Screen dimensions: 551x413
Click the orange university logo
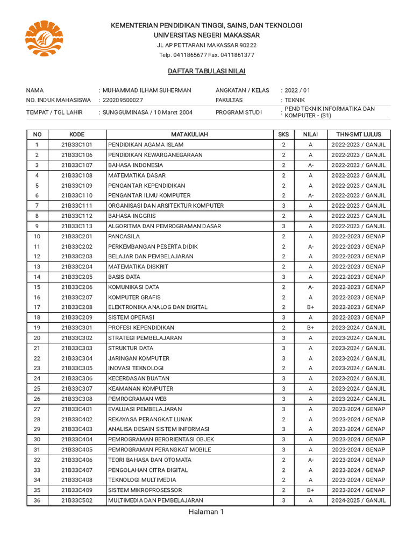(44, 38)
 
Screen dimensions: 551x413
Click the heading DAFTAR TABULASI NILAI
(206, 71)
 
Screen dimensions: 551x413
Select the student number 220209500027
(123, 100)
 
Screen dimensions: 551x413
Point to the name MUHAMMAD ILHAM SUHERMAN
(146, 90)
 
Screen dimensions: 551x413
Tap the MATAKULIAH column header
(189, 135)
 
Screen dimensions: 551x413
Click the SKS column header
(283, 135)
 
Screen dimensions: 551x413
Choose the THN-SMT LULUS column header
(358, 135)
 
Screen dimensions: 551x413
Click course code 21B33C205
(77, 277)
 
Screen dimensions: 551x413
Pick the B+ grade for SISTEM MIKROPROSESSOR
(310, 490)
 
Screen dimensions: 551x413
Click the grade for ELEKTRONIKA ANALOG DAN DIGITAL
(310, 307)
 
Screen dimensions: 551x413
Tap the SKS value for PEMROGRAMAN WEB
(283, 399)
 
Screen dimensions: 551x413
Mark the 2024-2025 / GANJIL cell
(358, 500)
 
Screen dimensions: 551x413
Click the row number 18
(37, 317)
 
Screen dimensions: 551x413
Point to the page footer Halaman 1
(206, 512)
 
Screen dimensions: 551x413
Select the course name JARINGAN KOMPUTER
(139, 358)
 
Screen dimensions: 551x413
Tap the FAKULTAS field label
(229, 100)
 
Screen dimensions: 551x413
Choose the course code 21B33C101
(77, 145)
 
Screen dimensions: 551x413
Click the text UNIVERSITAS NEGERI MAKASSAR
(206, 35)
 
